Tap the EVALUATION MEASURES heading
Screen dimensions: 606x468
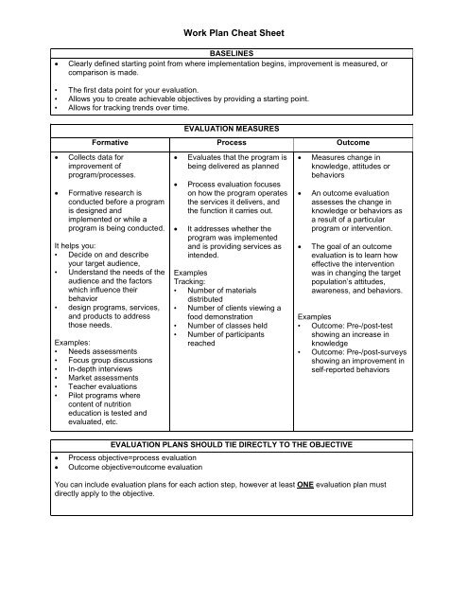click(233, 124)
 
